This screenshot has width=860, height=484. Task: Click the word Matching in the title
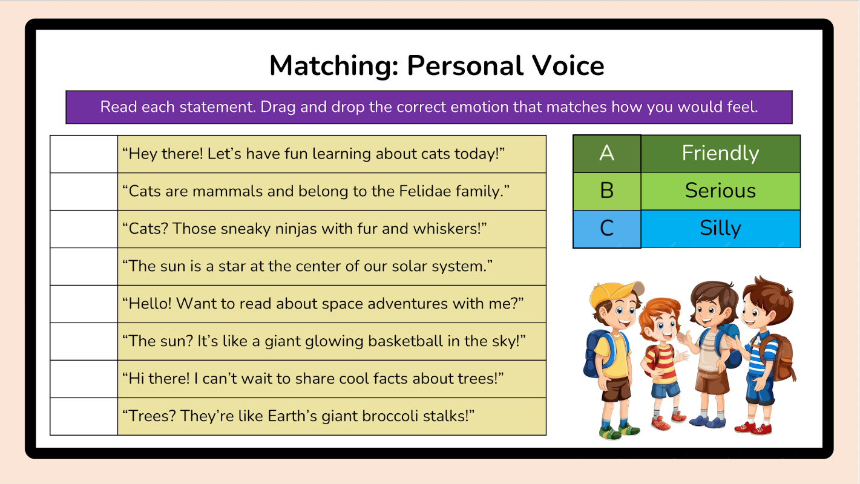click(333, 66)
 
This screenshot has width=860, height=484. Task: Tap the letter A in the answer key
click(606, 154)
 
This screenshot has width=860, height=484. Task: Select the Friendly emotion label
click(720, 154)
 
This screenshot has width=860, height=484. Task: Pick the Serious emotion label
click(720, 191)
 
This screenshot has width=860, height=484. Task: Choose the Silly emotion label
click(720, 229)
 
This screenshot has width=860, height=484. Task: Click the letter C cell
click(606, 229)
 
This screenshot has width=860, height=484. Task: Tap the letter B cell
click(606, 191)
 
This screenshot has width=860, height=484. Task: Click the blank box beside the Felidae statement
click(84, 192)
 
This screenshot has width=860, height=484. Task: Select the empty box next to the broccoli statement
click(84, 416)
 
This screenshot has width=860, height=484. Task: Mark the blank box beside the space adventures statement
click(84, 304)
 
